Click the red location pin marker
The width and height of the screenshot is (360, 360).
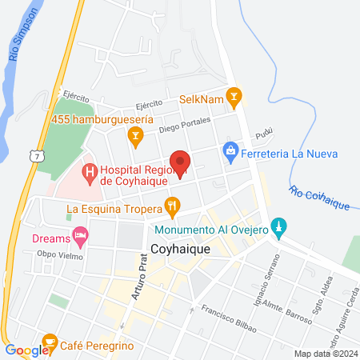181,163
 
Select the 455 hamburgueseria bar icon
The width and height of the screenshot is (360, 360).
135,137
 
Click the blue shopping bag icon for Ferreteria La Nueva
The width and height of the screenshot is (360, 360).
230,150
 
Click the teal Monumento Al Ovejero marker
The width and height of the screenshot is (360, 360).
278,227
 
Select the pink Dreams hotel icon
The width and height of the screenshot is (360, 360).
79,236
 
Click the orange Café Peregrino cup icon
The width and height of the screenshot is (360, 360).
50,342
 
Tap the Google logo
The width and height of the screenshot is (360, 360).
26,350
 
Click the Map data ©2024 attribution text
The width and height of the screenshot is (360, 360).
325,353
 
